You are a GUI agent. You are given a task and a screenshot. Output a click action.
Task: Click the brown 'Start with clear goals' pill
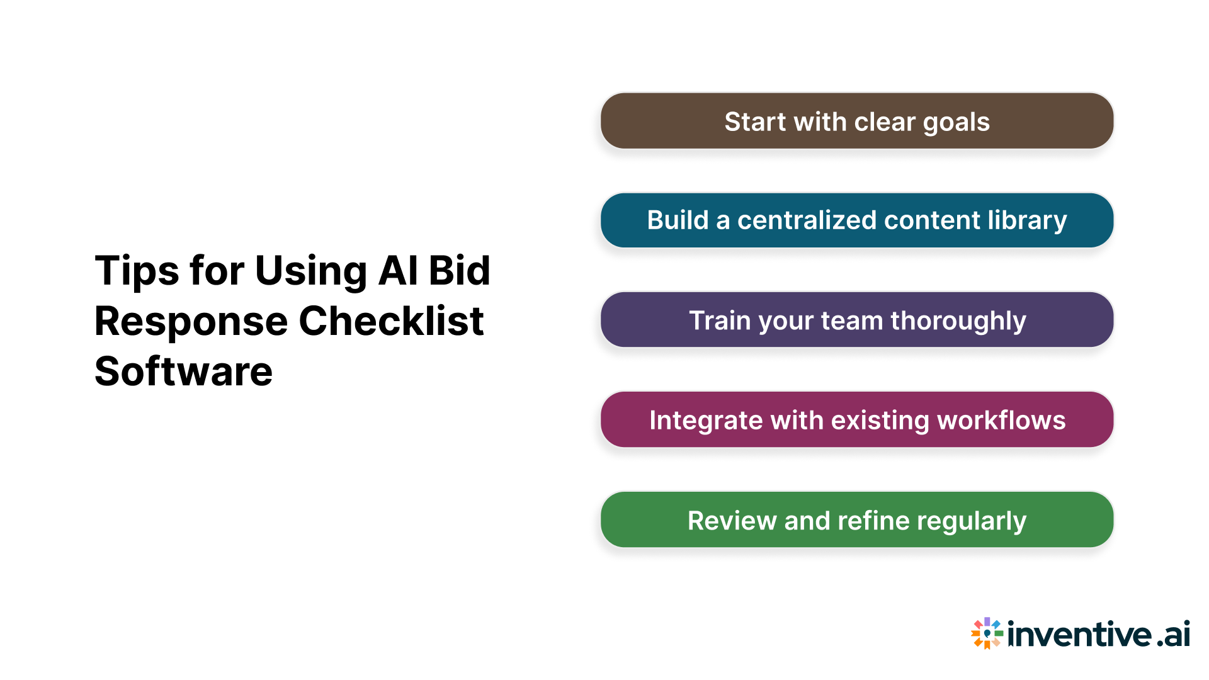pos(856,121)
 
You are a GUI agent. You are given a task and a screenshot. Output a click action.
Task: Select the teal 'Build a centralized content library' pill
pos(856,220)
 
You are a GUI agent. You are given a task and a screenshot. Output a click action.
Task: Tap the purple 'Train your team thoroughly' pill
pos(856,320)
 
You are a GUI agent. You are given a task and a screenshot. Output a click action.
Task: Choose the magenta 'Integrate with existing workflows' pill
pos(856,420)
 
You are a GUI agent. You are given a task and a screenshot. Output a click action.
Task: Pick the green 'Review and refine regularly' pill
pos(856,520)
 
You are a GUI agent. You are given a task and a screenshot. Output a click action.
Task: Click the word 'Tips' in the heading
pos(136,271)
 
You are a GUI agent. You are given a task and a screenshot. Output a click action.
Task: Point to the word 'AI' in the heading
pos(398,271)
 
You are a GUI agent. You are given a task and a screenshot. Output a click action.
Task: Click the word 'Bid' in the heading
pos(459,271)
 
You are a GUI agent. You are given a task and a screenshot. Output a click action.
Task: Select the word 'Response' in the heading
pos(191,322)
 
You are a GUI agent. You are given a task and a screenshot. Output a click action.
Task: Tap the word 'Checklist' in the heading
pos(390,322)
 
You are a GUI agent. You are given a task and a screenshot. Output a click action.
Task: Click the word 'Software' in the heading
pos(183,371)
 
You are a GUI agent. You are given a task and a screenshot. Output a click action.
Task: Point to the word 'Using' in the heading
pos(310,271)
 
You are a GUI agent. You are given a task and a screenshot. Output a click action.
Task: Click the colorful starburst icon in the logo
pos(986,633)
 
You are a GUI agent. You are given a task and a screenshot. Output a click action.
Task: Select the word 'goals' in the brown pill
pos(956,122)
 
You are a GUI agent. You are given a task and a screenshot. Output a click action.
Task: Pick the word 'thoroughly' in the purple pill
pos(958,321)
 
